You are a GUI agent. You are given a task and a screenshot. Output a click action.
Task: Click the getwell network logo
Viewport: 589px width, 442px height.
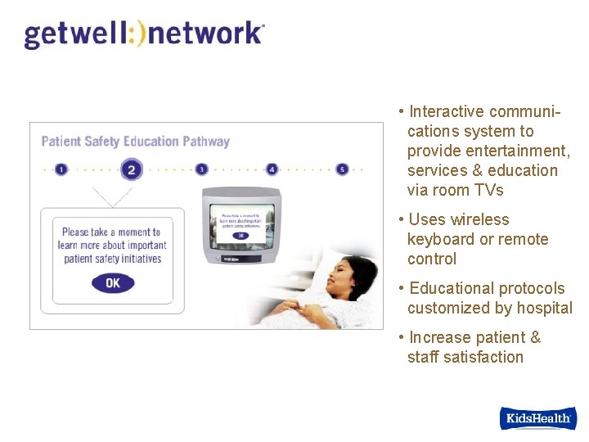point(144,34)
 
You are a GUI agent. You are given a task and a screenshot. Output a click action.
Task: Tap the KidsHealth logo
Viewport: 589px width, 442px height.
point(537,418)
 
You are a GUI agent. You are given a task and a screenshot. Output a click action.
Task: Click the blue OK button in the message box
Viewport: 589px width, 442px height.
point(113,283)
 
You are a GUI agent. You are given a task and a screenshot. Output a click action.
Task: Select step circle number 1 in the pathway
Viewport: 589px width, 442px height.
point(61,169)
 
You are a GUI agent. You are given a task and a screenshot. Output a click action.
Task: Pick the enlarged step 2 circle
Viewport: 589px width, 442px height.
point(131,169)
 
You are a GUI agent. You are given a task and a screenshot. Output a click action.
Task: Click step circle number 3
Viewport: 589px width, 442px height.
point(201,169)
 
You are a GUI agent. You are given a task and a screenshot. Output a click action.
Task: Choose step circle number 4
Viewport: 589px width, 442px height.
point(272,169)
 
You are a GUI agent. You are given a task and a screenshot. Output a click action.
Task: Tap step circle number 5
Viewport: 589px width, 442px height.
point(342,169)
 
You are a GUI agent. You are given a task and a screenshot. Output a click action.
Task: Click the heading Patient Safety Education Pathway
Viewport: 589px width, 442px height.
point(135,142)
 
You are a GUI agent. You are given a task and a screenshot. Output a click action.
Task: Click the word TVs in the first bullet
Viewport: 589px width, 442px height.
point(488,190)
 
